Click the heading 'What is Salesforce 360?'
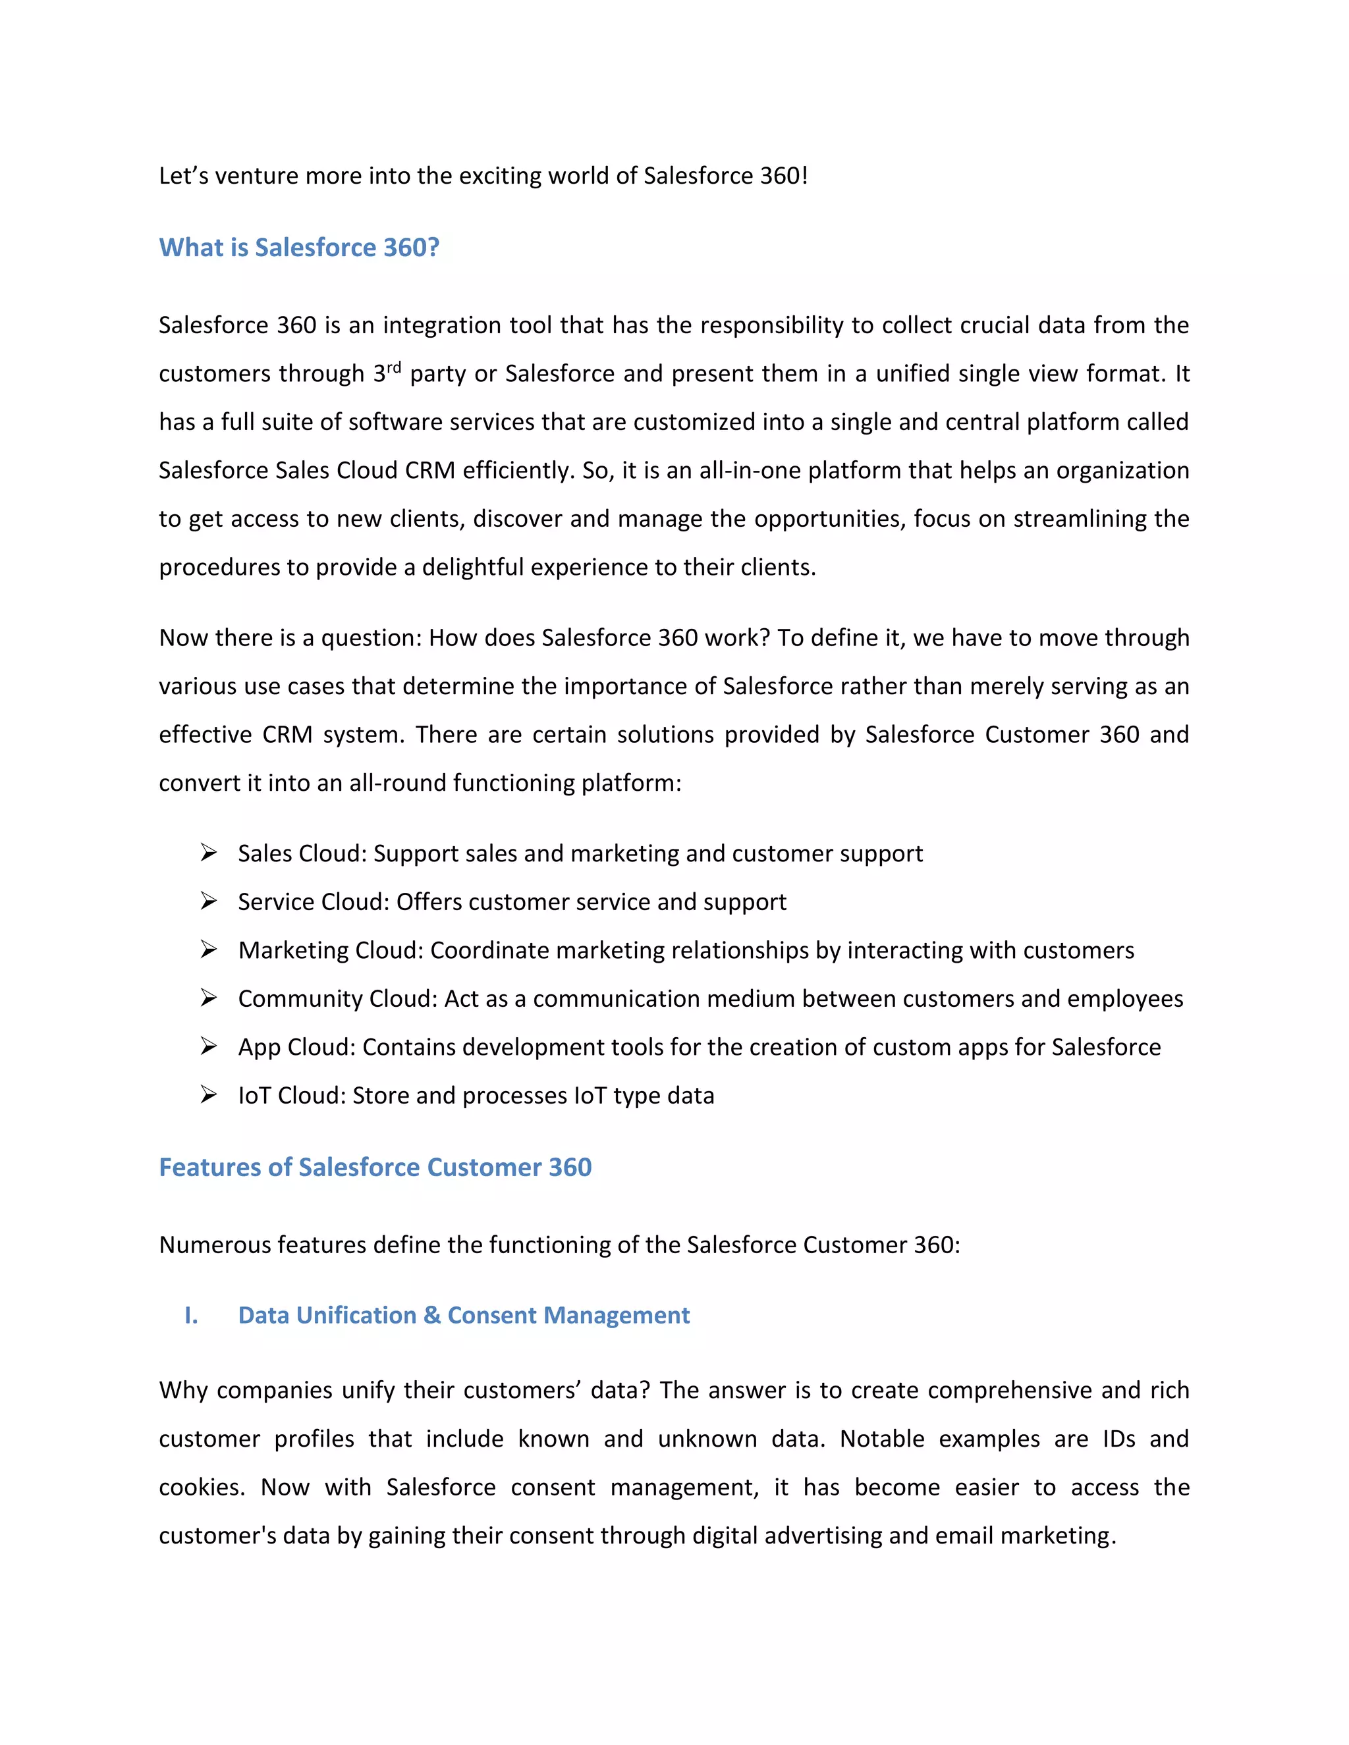coord(299,248)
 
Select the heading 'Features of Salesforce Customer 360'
coord(375,1168)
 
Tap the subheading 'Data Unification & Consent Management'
coord(464,1315)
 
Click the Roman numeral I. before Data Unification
coord(191,1315)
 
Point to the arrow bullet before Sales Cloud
coord(209,853)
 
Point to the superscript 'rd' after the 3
coord(394,367)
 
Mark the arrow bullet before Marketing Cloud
coord(209,950)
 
